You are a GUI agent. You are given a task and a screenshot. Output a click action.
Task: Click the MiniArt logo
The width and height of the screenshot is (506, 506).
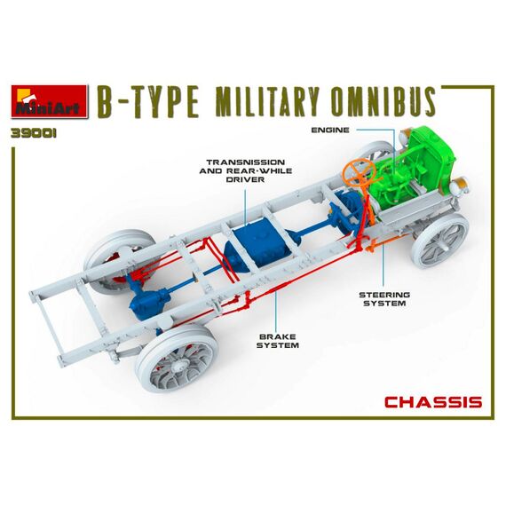tap(50, 101)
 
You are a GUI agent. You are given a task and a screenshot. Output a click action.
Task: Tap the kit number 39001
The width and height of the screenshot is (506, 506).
tap(34, 133)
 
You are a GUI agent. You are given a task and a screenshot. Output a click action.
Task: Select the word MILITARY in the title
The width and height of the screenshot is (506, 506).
tap(267, 102)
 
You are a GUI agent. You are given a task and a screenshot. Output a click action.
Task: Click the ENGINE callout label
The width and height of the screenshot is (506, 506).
tap(330, 130)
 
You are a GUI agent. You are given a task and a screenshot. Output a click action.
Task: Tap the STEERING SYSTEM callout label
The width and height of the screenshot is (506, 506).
tap(384, 299)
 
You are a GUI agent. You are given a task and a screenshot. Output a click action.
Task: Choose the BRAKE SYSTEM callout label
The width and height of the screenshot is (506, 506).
tap(278, 341)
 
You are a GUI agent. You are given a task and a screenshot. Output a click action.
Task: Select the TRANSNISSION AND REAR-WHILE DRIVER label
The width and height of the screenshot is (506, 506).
tap(246, 170)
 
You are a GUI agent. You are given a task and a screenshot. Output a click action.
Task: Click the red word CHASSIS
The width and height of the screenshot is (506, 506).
tap(433, 402)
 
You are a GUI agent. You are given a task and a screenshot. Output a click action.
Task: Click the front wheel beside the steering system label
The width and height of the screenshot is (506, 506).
tap(440, 241)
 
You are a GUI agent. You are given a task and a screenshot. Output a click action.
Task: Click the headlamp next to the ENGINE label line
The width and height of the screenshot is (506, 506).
tap(405, 137)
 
